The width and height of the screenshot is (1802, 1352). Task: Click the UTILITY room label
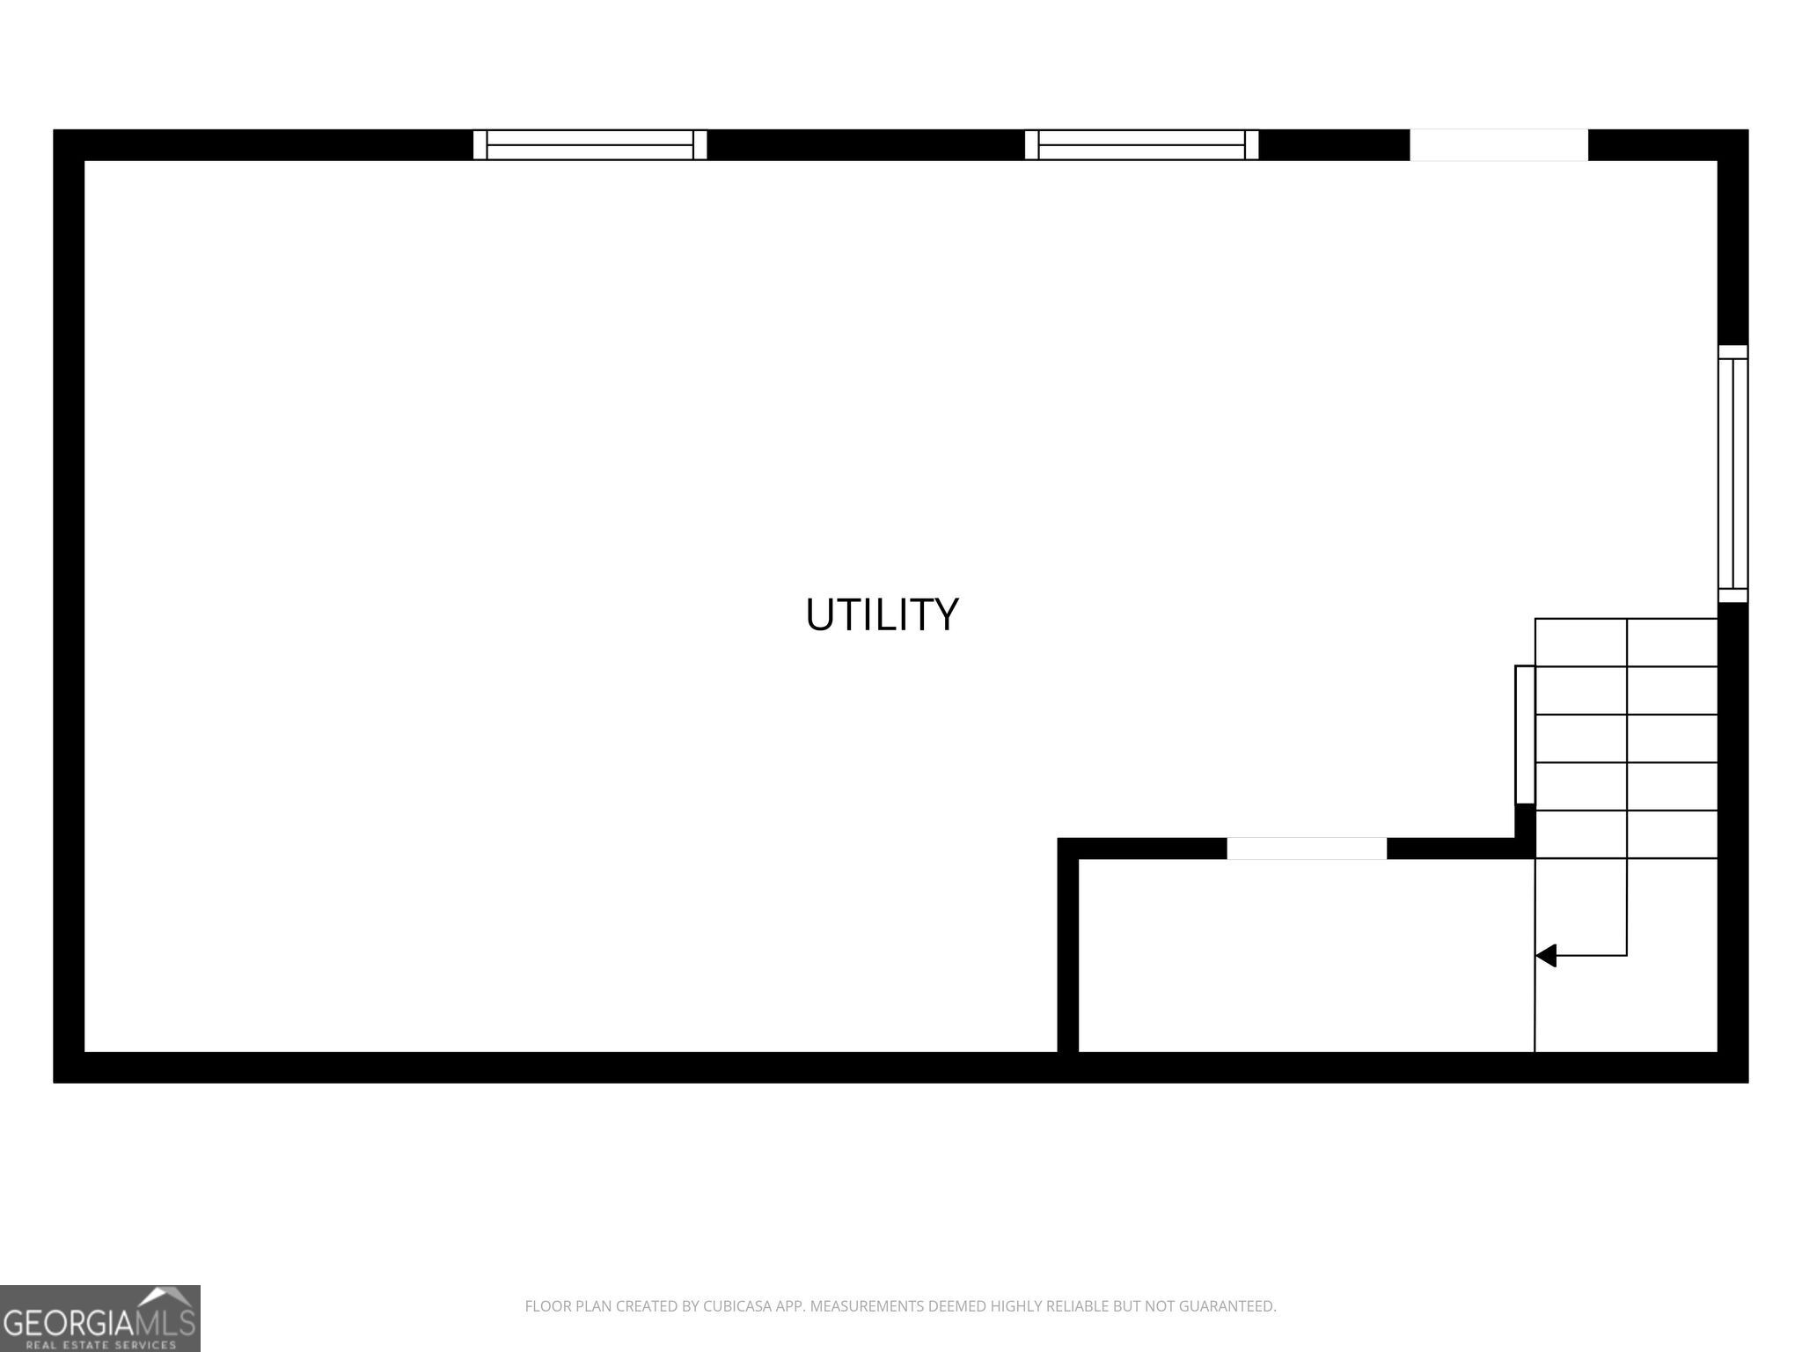pos(882,614)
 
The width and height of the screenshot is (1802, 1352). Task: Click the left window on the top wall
pos(590,144)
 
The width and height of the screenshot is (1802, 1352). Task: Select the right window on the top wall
pos(1141,144)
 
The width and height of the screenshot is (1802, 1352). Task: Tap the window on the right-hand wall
pos(1732,474)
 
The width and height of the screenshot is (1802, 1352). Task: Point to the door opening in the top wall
pos(1498,144)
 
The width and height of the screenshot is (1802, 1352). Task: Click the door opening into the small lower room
pos(1307,849)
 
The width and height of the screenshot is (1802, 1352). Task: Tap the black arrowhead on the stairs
pos(1546,955)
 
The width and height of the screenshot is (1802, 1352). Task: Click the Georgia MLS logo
pos(99,1318)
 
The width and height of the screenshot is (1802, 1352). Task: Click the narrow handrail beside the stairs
pos(1525,734)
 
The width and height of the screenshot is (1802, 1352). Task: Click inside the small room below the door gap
pos(1306,955)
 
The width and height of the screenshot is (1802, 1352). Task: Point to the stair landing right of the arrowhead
pos(1626,955)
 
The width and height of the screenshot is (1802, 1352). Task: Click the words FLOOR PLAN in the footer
pos(568,1306)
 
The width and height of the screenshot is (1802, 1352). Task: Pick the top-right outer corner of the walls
pos(1747,130)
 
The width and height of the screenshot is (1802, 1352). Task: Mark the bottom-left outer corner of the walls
pos(54,1082)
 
